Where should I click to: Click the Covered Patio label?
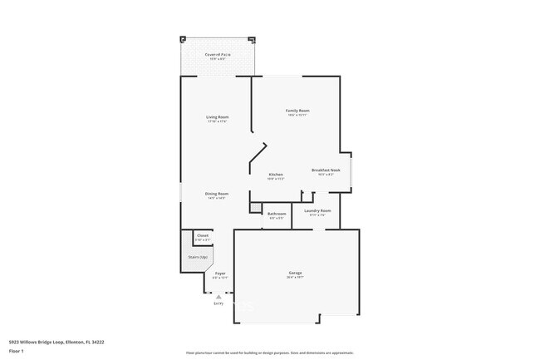[218, 55]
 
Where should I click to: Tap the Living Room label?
[218, 117]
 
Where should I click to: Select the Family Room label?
[297, 111]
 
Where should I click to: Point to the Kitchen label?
[276, 175]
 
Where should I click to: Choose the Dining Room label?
[217, 194]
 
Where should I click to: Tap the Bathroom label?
[277, 215]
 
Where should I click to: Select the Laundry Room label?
[317, 211]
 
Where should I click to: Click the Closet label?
[203, 236]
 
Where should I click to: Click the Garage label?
[295, 274]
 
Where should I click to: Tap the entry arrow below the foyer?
[218, 295]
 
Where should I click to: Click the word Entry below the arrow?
[218, 303]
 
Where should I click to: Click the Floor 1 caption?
[17, 351]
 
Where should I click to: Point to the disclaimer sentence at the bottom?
[270, 353]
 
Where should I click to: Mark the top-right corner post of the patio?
[251, 38]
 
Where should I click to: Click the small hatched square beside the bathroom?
[256, 209]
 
